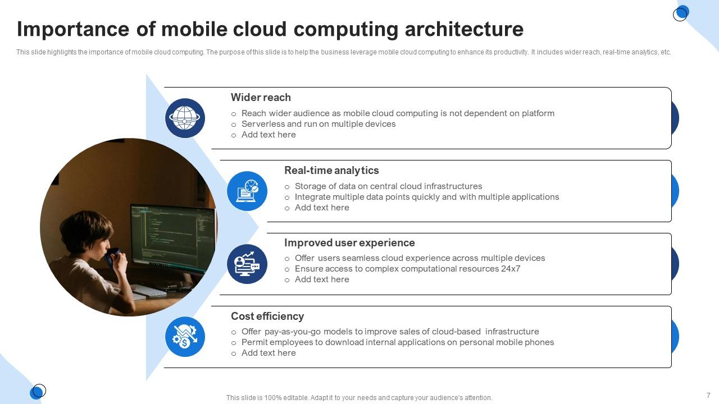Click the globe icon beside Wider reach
coord(185,118)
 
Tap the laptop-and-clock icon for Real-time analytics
coord(247,191)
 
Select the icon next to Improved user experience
coord(247,264)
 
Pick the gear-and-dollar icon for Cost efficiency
coord(185,337)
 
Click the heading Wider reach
coord(261,97)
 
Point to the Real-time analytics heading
coord(331,170)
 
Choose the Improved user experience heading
coord(349,243)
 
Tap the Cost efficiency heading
coord(267,316)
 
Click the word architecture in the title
coord(464,29)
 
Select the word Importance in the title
coord(73,30)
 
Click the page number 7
coord(708,395)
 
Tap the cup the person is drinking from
coord(112,257)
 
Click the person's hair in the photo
coord(86,229)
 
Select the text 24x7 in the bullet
coord(511,269)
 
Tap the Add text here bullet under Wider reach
coord(269,135)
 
